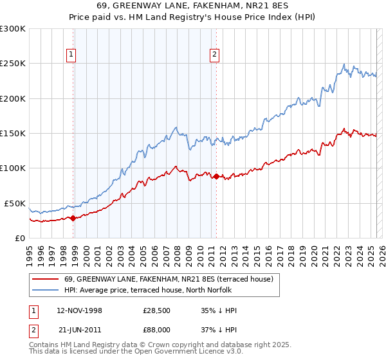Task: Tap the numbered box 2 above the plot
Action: click(x=214, y=55)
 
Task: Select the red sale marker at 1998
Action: click(x=73, y=218)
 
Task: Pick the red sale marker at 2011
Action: click(x=216, y=176)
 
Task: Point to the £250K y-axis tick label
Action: click(x=13, y=64)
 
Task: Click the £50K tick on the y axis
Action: click(x=15, y=203)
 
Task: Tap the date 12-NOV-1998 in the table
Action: click(x=79, y=310)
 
